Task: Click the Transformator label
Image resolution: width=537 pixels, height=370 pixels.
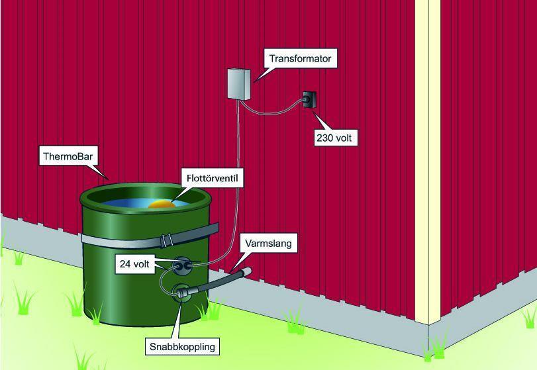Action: pos(301,58)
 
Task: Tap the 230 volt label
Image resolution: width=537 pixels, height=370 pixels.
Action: pos(336,138)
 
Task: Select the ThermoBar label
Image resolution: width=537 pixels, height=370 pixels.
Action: pos(68,156)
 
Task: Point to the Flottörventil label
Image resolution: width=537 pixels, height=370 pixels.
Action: pos(213,178)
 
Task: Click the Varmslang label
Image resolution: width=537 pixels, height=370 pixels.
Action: pos(268,244)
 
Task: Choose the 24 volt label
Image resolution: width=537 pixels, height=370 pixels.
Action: pos(134,264)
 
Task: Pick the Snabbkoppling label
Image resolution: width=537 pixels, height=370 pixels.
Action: pos(182,346)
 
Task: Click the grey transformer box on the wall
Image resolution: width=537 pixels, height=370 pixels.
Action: pos(239,84)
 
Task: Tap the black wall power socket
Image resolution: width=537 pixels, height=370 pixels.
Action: pos(309,99)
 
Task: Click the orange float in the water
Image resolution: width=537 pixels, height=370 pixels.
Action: pos(162,205)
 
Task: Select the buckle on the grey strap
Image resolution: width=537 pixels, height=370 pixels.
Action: pos(166,240)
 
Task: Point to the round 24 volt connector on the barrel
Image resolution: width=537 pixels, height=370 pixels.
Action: pos(181,266)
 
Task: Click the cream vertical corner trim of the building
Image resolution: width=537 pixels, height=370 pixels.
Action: pos(427,161)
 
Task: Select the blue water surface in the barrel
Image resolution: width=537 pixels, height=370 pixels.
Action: pos(144,203)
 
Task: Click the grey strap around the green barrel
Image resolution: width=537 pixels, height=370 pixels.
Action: pos(150,236)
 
